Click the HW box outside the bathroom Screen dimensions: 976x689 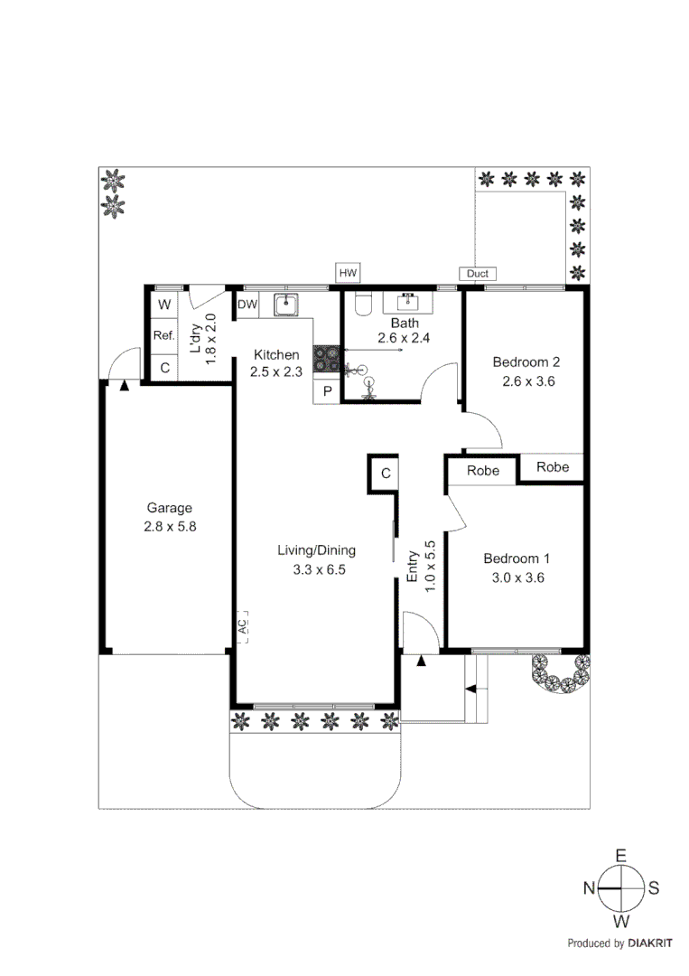pos(348,272)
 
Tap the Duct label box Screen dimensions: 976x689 pos(477,274)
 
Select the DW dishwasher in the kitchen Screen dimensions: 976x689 pos(247,305)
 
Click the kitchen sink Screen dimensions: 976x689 pos(286,305)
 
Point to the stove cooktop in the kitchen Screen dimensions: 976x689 pos(325,359)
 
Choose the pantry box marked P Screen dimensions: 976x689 pos(326,390)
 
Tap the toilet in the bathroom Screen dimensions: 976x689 pos(363,304)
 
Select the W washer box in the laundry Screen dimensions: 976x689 pos(164,305)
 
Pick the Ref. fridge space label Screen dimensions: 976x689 pos(163,336)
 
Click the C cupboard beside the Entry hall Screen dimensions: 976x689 pos(384,473)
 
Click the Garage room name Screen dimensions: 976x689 pos(170,508)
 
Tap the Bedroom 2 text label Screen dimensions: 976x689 pos(526,362)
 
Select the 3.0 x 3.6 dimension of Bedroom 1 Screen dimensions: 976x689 pos(515,577)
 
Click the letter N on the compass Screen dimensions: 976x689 pos(588,888)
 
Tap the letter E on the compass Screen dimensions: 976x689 pos(620,855)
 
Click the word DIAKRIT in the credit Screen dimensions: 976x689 pos(653,943)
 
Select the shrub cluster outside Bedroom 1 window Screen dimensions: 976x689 pos(560,672)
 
